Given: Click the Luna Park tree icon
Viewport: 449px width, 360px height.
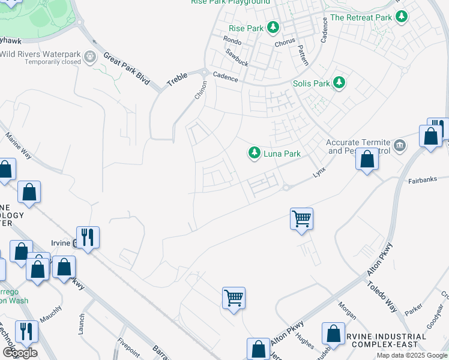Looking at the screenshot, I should coord(255,154).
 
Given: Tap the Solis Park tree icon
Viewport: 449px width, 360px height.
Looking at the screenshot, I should coord(340,83).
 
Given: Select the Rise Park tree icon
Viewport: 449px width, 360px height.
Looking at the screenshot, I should coord(273,28).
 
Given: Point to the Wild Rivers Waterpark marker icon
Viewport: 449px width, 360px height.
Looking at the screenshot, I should coord(91,58).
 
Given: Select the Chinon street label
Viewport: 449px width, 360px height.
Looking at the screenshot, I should coord(200,91).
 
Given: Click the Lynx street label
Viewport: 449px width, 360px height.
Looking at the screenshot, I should coord(319,172).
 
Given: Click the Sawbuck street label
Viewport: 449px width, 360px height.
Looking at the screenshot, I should coord(237,53).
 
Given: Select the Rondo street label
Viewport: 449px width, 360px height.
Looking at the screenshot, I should coord(232,41).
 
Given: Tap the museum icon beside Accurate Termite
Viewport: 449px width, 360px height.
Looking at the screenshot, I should coord(399,145).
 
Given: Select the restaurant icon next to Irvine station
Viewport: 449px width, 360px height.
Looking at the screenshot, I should coord(88,237).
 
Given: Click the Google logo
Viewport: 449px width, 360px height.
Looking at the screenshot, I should coord(20,353).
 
